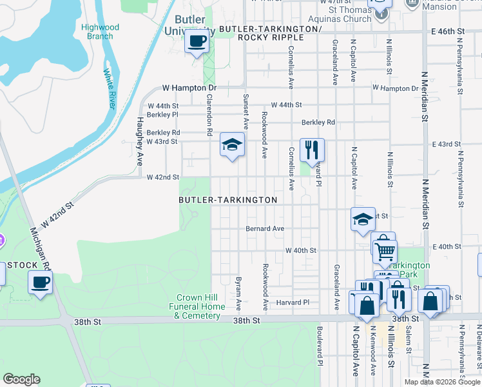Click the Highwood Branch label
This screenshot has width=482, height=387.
click(101, 32)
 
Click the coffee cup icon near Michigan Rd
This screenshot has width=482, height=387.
click(41, 282)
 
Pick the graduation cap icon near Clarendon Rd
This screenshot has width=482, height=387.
click(232, 144)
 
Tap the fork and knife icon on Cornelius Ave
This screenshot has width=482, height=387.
click(312, 150)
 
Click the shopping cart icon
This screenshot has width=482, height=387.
click(385, 249)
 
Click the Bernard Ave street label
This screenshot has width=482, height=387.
click(264, 228)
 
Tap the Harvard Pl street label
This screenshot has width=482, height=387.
click(293, 302)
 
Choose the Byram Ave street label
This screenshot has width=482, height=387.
click(238, 291)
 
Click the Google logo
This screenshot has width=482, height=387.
click(21, 379)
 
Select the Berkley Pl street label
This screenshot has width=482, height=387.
click(162, 114)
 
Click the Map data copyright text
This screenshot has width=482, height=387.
click(442, 382)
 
